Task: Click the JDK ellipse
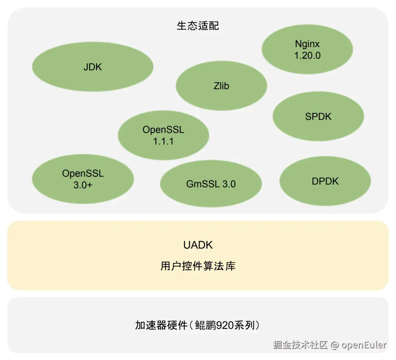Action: click(x=92, y=67)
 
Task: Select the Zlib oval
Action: click(x=221, y=86)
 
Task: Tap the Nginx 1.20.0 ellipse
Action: click(x=307, y=50)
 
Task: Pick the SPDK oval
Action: click(x=318, y=116)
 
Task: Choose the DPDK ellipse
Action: click(x=325, y=181)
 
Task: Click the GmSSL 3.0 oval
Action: click(x=211, y=184)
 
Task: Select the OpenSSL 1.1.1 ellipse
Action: click(x=163, y=135)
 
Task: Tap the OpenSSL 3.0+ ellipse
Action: click(x=82, y=179)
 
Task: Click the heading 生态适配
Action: click(x=198, y=26)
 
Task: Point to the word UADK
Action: click(x=198, y=245)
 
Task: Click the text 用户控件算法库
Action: click(x=198, y=266)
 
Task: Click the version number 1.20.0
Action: click(x=307, y=56)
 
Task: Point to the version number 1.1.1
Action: click(x=163, y=141)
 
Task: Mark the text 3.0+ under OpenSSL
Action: click(x=82, y=185)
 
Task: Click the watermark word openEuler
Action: click(x=364, y=345)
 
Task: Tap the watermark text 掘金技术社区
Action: click(x=300, y=345)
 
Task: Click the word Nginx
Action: click(x=307, y=44)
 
